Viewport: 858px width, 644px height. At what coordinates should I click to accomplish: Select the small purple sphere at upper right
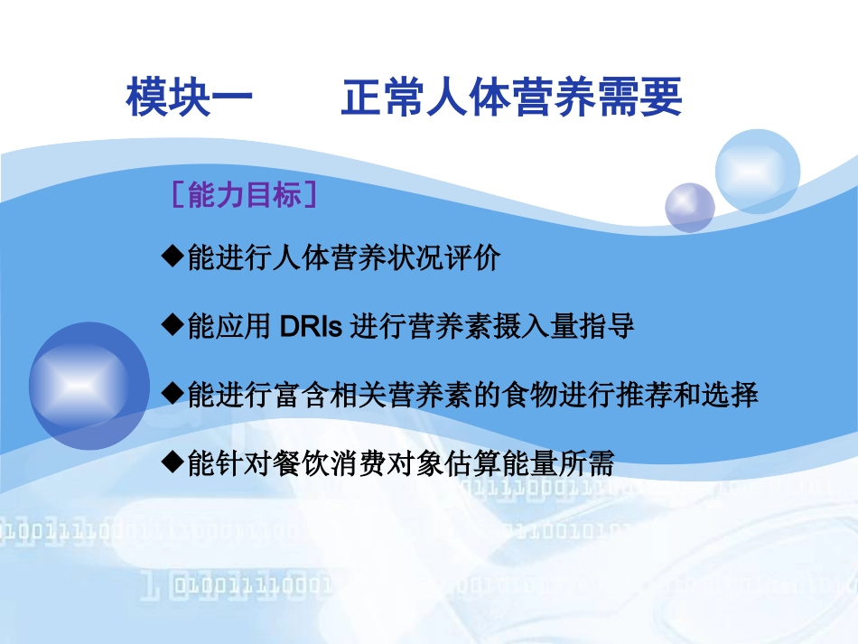pyautogui.click(x=689, y=207)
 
